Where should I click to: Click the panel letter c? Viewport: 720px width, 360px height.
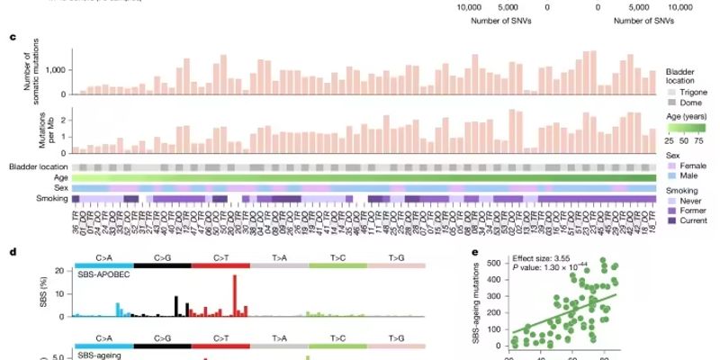pyautogui.click(x=12, y=38)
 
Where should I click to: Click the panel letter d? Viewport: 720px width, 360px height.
pyautogui.click(x=12, y=252)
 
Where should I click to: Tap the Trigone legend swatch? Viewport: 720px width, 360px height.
pyautogui.click(x=670, y=91)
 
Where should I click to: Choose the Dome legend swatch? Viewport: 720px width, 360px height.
pyautogui.click(x=670, y=103)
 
